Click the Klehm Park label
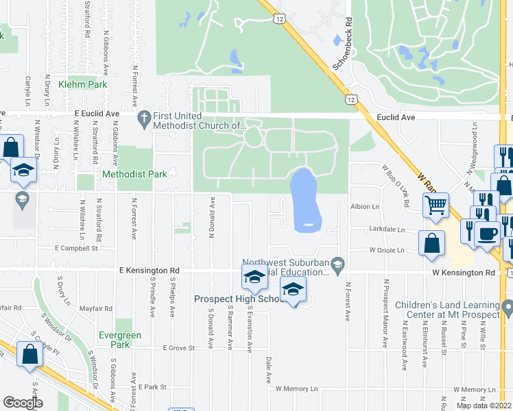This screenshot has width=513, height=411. tap(83, 84)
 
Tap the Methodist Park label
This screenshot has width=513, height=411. tap(134, 174)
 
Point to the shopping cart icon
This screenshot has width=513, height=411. tap(436, 204)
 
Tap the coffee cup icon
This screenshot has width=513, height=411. tap(488, 234)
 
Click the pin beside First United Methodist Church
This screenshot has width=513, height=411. tap(144, 119)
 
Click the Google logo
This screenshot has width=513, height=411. tap(23, 402)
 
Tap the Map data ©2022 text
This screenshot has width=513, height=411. tap(484, 406)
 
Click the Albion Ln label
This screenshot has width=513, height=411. tap(365, 206)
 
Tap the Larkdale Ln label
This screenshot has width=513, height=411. tap(387, 230)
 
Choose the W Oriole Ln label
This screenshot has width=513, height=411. tap(393, 250)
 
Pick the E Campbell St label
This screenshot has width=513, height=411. tap(77, 249)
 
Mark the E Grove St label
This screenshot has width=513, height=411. tap(179, 348)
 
